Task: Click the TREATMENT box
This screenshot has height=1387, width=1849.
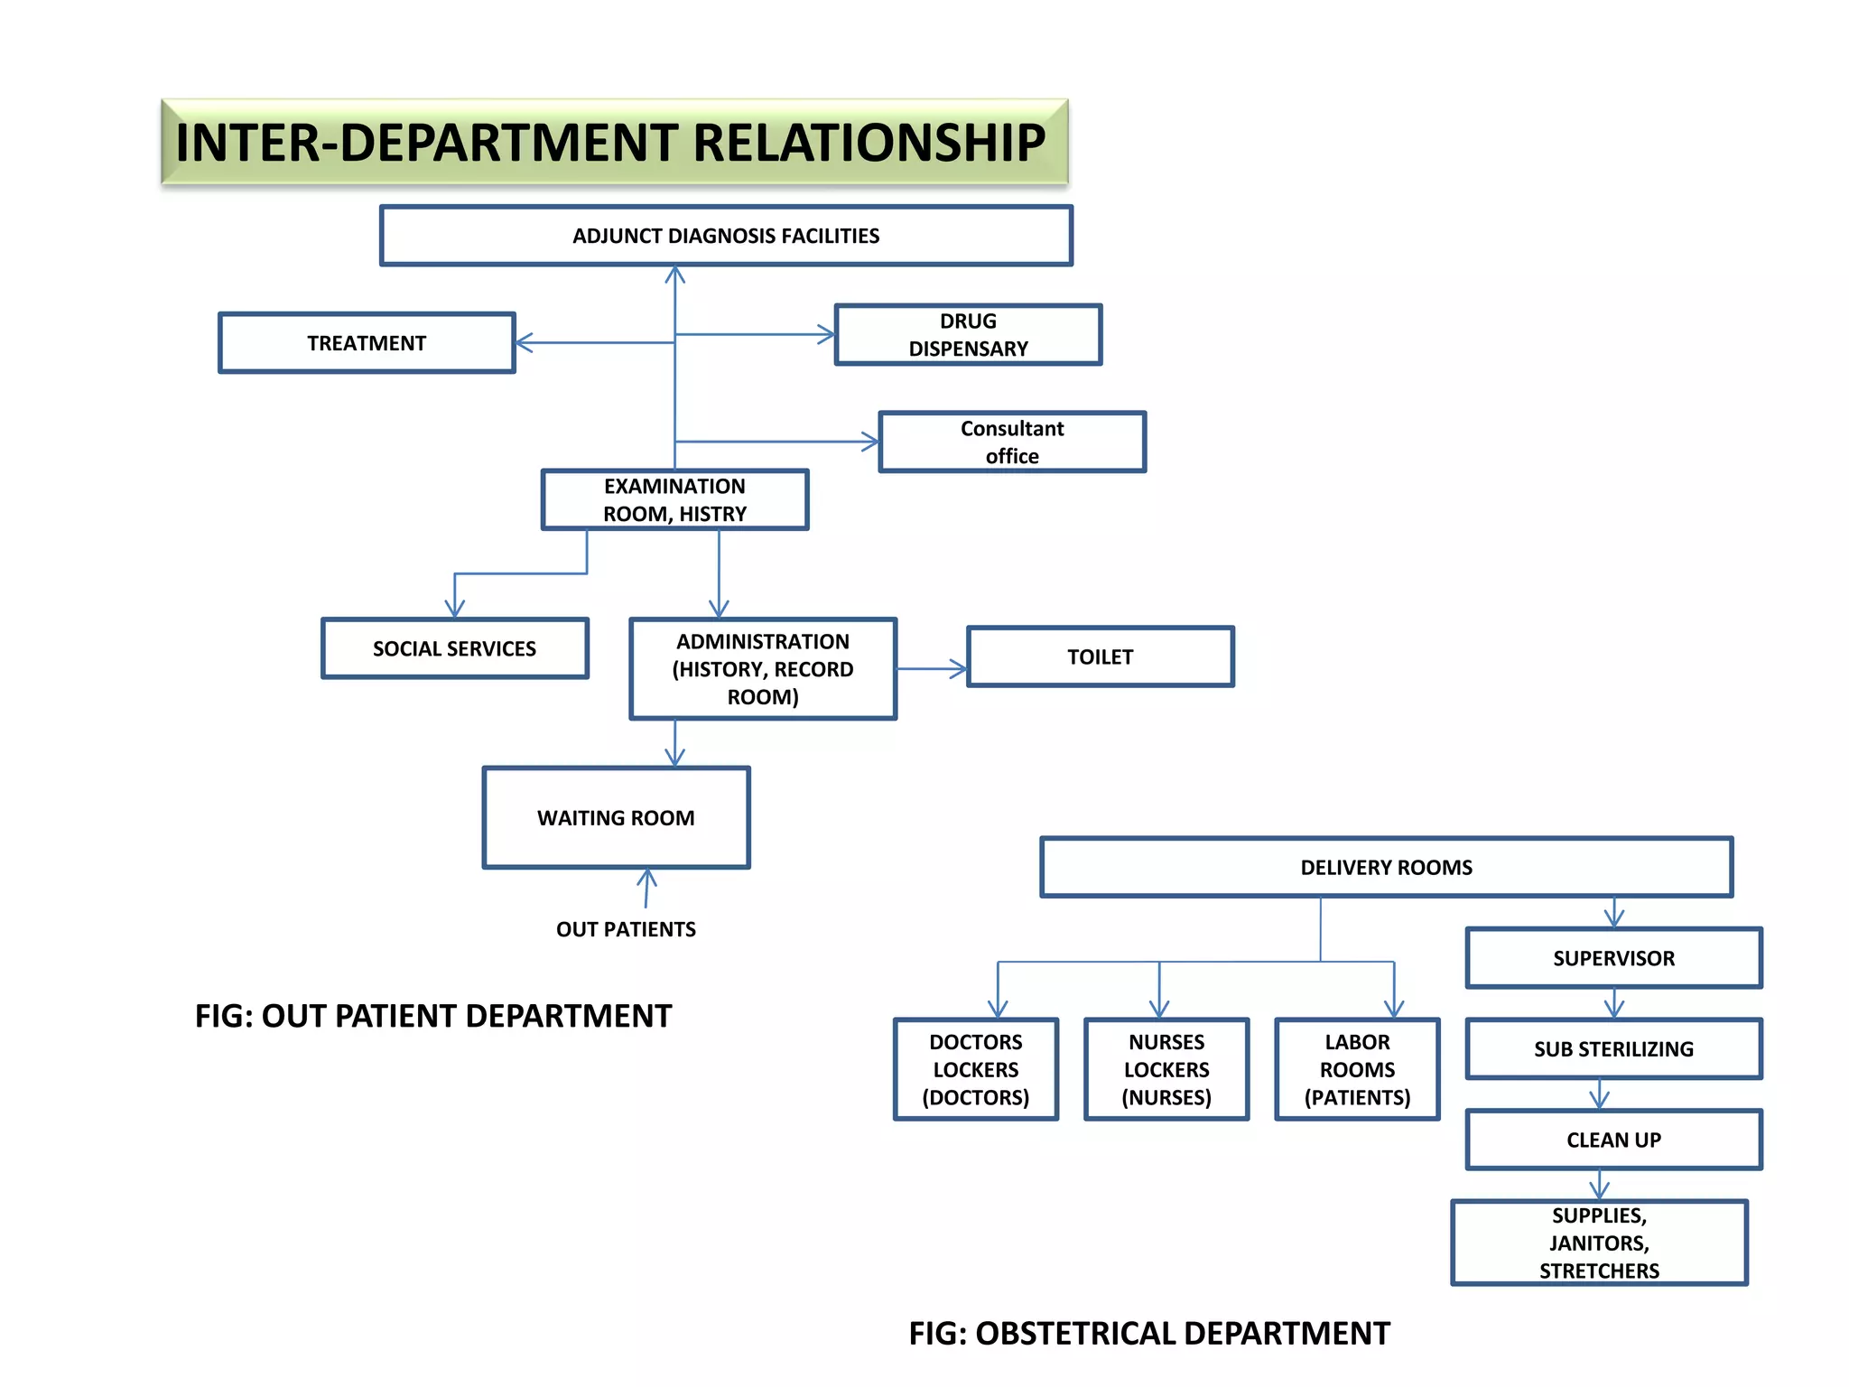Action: pyautogui.click(x=367, y=343)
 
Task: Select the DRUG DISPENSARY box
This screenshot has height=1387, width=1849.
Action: pyautogui.click(x=968, y=335)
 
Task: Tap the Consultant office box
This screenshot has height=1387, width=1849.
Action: pyautogui.click(x=1012, y=442)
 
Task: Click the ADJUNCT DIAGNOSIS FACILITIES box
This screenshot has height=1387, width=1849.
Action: pyautogui.click(x=726, y=236)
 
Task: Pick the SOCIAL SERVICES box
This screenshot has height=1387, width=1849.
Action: pyautogui.click(x=454, y=648)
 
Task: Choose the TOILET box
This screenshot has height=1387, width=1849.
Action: pyautogui.click(x=1100, y=656)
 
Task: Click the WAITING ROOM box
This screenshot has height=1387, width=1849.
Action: pyautogui.click(x=616, y=818)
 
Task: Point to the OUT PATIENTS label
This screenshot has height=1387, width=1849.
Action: pyautogui.click(x=626, y=929)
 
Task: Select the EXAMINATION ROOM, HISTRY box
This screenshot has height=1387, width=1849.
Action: pyautogui.click(x=674, y=499)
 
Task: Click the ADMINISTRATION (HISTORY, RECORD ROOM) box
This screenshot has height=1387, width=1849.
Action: pyautogui.click(x=763, y=669)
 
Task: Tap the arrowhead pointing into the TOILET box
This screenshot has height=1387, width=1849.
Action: pyautogui.click(x=958, y=669)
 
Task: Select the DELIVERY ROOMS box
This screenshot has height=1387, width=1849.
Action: pyautogui.click(x=1386, y=867)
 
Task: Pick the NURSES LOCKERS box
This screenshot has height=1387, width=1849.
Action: pyautogui.click(x=1166, y=1070)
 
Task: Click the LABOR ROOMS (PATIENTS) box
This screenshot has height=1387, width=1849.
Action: pyautogui.click(x=1357, y=1070)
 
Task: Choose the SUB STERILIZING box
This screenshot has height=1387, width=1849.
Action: pyautogui.click(x=1613, y=1049)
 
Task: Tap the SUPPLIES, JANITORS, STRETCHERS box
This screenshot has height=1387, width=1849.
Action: pyautogui.click(x=1599, y=1243)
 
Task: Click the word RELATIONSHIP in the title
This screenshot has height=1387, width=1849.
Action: pyautogui.click(x=869, y=143)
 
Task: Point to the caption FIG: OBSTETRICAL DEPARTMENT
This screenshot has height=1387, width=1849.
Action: pyautogui.click(x=1148, y=1334)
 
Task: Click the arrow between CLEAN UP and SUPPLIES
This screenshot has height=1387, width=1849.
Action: pyautogui.click(x=1600, y=1185)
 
